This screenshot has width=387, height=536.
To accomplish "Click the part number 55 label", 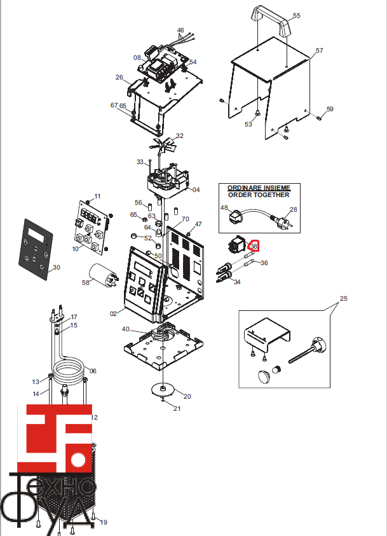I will tap(297, 15).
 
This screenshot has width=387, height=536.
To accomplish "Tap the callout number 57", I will tap(319, 50).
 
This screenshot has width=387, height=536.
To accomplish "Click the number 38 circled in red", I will tap(254, 246).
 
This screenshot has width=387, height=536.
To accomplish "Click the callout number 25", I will tap(344, 298).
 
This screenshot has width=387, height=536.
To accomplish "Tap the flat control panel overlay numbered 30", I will tap(36, 249).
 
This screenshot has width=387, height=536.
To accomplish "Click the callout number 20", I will tap(187, 396).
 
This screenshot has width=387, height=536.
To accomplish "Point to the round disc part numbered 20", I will tap(164, 389).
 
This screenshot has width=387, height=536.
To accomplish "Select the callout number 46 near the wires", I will tap(180, 31).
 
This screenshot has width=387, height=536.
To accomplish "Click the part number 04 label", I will tap(196, 189).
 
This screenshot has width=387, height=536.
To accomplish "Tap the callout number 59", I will tap(330, 109).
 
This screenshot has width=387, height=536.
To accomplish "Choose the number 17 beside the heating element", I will tap(74, 317).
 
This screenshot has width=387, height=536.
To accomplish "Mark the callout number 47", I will tap(198, 224).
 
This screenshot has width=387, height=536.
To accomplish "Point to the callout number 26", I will tap(119, 78).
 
